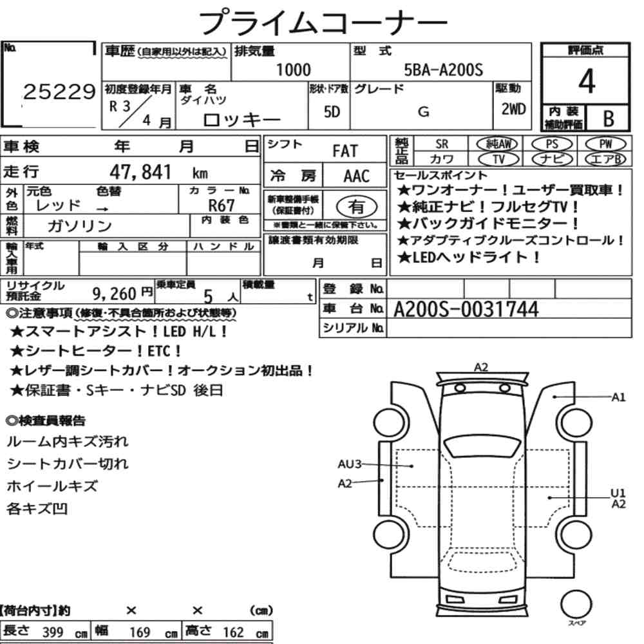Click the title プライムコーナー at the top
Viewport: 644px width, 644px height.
pyautogui.click(x=323, y=23)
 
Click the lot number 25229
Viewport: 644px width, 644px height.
pyautogui.click(x=59, y=91)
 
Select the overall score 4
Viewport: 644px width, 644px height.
pyautogui.click(x=587, y=81)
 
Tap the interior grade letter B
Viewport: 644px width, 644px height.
pyautogui.click(x=609, y=118)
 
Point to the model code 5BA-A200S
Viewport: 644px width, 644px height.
pyautogui.click(x=444, y=70)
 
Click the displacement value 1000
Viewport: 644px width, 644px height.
pyautogui.click(x=293, y=70)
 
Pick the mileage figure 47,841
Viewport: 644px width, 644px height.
pyautogui.click(x=140, y=172)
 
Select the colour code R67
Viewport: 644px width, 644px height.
pyautogui.click(x=222, y=205)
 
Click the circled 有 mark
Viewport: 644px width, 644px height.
pyautogui.click(x=357, y=207)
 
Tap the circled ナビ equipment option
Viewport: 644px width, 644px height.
pyautogui.click(x=552, y=159)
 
